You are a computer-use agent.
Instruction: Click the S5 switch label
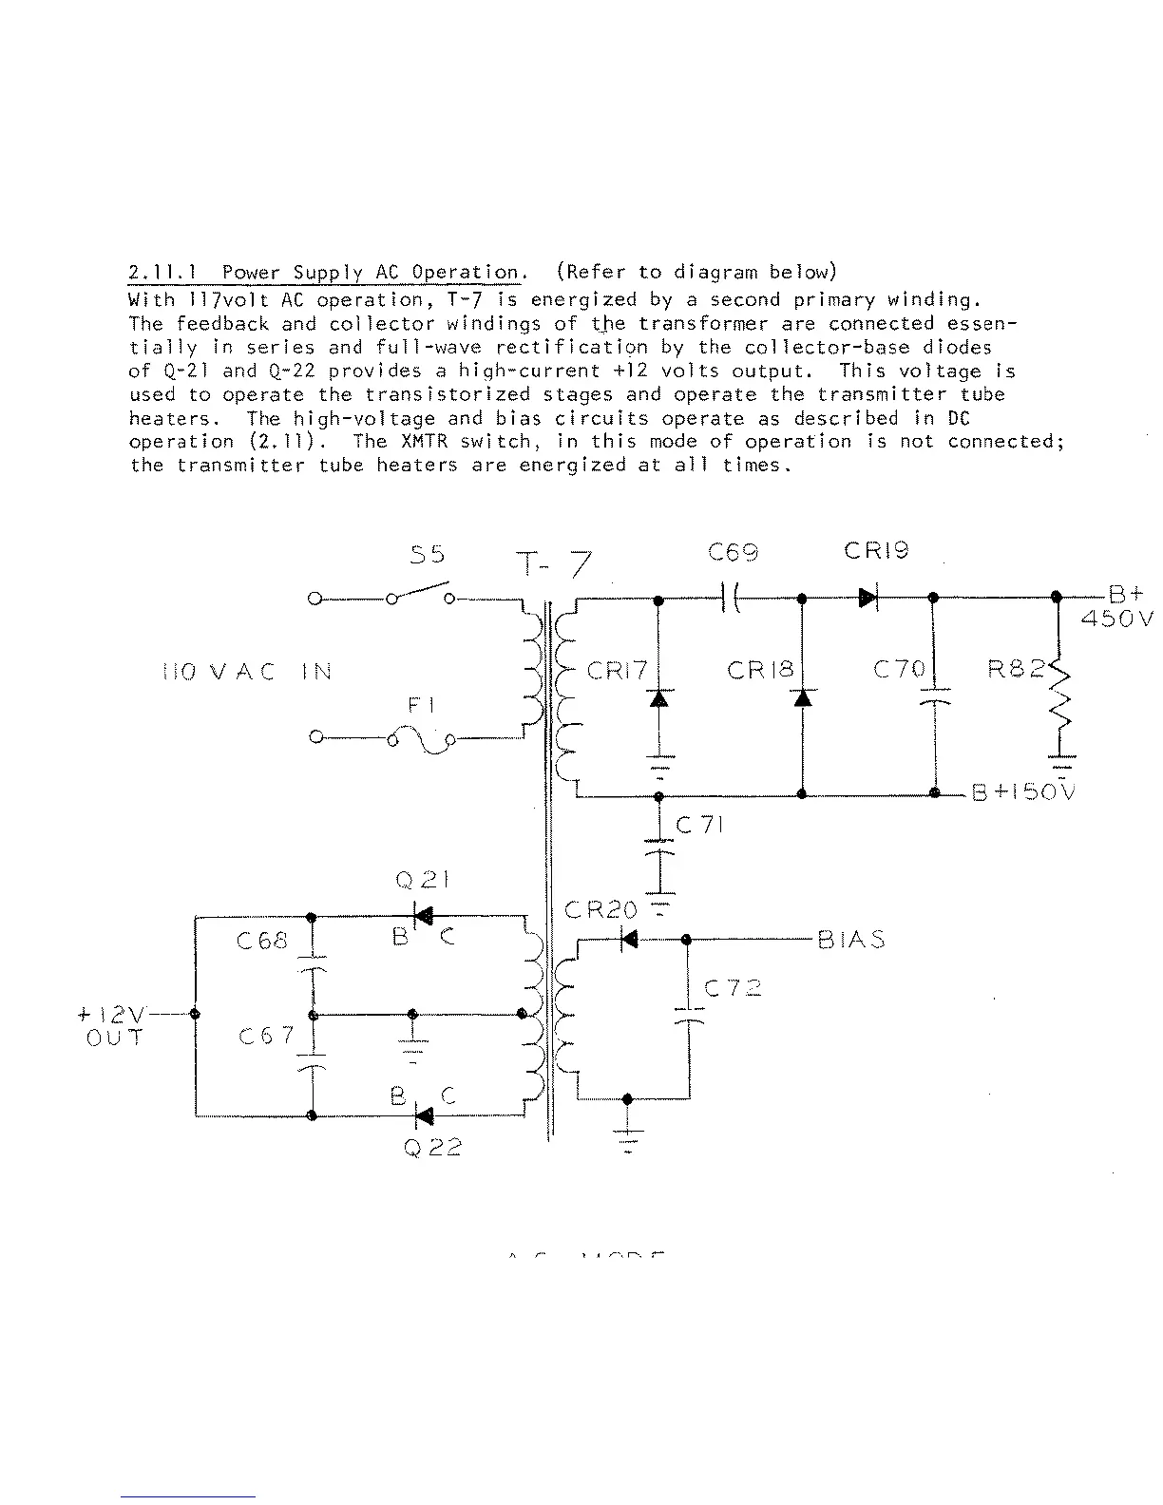tap(428, 555)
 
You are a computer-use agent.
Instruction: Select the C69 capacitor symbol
tap(732, 599)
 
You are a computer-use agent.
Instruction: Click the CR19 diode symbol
tap(868, 599)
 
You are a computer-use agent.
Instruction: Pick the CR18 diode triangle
tap(803, 698)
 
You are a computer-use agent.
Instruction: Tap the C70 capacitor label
tap(899, 670)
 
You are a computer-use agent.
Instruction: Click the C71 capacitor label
tap(700, 826)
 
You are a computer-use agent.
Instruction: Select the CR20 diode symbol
tap(629, 940)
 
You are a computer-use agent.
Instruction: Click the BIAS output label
tap(851, 941)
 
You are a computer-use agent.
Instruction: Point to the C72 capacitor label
tap(733, 988)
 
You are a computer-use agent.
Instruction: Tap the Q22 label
tap(431, 1148)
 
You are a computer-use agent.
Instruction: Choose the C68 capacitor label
tap(261, 942)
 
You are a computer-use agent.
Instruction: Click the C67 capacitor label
tap(266, 1037)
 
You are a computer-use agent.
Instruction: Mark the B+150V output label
tap(1022, 793)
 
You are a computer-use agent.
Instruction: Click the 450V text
tap(1117, 619)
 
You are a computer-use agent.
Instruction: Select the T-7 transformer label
tap(555, 566)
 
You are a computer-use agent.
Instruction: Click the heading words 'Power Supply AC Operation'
tap(371, 273)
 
